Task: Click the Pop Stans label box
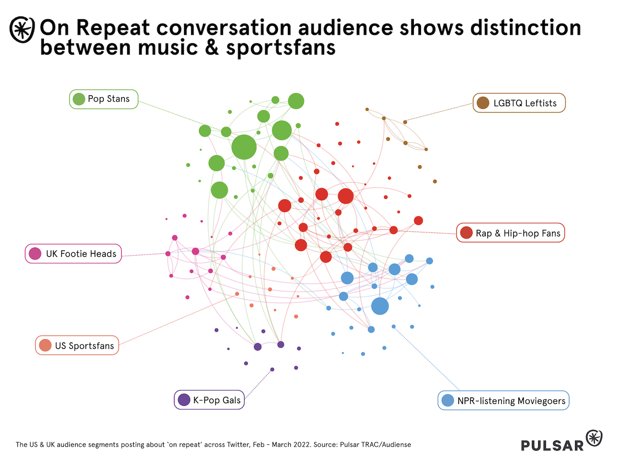point(104,99)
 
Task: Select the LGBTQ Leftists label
point(519,103)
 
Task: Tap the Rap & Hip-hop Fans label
point(511,233)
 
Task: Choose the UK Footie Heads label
point(73,254)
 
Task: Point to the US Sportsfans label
point(77,345)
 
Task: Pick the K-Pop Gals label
point(209,400)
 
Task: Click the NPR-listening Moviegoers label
point(504,400)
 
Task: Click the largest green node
point(244,147)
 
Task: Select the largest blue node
point(380,306)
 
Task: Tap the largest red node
point(346,196)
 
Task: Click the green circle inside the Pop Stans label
point(79,99)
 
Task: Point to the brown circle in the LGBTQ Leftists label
point(483,103)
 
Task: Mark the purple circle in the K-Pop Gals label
point(184,400)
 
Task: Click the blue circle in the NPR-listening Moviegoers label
point(448,400)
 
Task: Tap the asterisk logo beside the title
point(22,30)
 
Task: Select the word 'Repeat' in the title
point(113,28)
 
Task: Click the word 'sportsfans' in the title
point(281,47)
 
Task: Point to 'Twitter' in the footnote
point(238,444)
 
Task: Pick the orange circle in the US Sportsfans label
point(45,345)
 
